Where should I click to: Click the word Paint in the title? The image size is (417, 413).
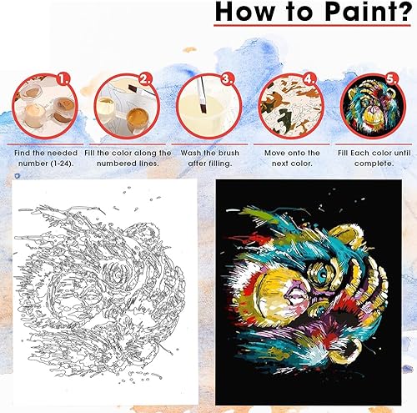(x=359, y=12)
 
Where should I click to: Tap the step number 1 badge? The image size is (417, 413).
(x=63, y=80)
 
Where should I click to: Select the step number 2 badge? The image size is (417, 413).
(x=145, y=80)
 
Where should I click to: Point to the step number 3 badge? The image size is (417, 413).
(x=228, y=80)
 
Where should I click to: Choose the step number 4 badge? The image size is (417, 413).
(x=309, y=80)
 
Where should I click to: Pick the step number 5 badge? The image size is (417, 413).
(x=391, y=80)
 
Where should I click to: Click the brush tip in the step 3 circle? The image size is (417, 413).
(x=203, y=108)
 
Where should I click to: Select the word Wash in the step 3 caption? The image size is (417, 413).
(x=191, y=153)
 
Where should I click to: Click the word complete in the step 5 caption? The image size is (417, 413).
(x=374, y=164)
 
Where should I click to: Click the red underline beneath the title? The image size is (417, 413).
(x=312, y=26)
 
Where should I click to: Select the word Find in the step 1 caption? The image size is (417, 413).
(x=23, y=153)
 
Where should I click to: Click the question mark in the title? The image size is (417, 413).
(x=403, y=11)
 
